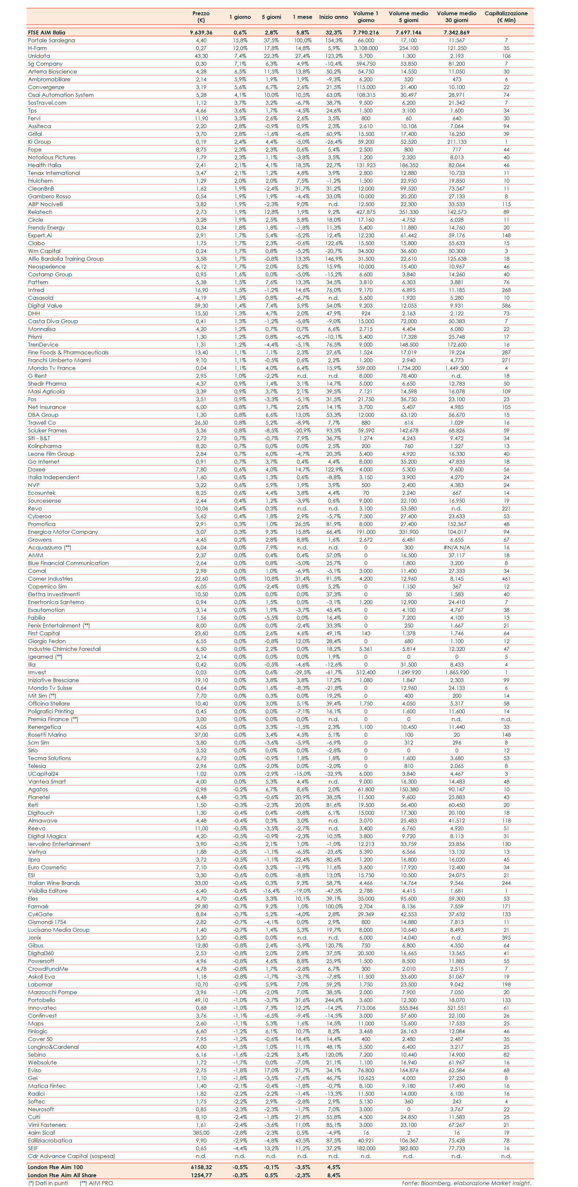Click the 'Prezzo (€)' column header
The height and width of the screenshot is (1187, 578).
pyautogui.click(x=201, y=17)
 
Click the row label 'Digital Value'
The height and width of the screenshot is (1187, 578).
pyautogui.click(x=45, y=306)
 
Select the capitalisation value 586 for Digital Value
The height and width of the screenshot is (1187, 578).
pyautogui.click(x=506, y=306)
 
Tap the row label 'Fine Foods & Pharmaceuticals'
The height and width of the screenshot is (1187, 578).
pyautogui.click(x=68, y=352)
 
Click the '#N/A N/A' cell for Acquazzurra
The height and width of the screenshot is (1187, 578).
pyautogui.click(x=456, y=547)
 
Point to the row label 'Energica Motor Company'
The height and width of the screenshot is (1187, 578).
pyautogui.click(x=63, y=532)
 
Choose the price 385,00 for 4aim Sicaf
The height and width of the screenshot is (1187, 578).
pyautogui.click(x=201, y=1133)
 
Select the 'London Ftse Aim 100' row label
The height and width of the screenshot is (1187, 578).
pyautogui.click(x=55, y=1167)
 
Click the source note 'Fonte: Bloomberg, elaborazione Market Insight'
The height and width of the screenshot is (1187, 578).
pyautogui.click(x=466, y=1183)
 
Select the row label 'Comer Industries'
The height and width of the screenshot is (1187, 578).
pyautogui.click(x=50, y=579)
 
